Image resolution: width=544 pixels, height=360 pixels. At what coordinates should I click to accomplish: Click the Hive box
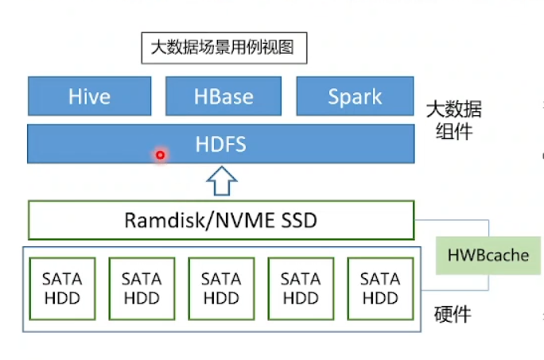(90, 96)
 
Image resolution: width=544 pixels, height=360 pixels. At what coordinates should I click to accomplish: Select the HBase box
(223, 96)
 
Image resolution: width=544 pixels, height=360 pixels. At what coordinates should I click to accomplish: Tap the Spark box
(355, 96)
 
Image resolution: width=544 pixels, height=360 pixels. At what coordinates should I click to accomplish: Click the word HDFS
(220, 144)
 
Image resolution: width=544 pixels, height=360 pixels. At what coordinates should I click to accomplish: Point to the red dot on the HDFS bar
(160, 155)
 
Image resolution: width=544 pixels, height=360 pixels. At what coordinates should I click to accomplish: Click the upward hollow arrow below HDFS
(222, 180)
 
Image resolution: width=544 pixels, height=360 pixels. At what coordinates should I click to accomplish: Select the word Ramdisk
(165, 220)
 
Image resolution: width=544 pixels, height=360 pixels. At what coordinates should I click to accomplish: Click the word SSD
(299, 220)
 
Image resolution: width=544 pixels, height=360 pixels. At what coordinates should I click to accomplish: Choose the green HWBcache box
(488, 256)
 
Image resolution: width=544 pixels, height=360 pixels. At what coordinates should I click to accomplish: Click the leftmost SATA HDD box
(63, 288)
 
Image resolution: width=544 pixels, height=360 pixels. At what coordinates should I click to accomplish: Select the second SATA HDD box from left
(142, 288)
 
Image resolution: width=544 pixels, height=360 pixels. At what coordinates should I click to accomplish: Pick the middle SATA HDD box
(221, 288)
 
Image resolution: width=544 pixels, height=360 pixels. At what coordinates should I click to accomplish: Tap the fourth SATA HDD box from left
(301, 288)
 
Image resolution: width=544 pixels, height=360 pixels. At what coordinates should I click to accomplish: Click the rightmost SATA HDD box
(380, 288)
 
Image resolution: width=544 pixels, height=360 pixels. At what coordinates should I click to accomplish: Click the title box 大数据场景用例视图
(224, 48)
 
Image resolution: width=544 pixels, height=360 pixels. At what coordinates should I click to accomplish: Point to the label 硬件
(453, 315)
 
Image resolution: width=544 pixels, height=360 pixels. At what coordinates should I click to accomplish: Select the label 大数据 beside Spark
(454, 109)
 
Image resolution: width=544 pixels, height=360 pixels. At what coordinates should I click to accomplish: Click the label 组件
(454, 131)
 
